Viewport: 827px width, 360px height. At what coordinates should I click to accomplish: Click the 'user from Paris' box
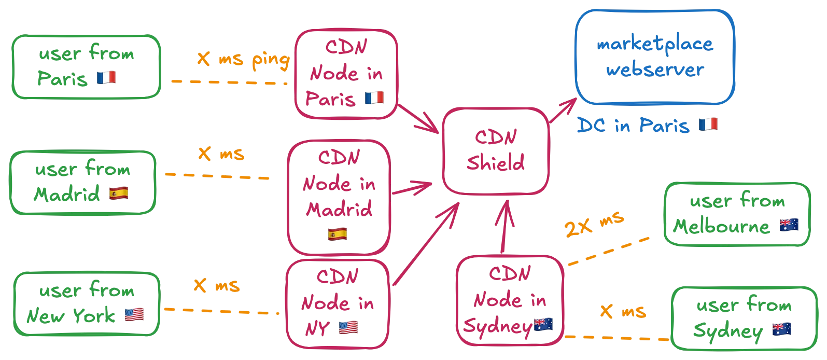tap(86, 66)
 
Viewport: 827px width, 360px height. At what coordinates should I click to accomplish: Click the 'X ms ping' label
tap(242, 60)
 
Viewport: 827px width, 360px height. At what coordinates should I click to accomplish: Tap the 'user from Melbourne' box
tap(737, 214)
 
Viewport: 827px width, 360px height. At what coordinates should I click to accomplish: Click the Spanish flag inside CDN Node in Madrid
tap(338, 233)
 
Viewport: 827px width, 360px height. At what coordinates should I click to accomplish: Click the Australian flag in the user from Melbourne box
tap(789, 226)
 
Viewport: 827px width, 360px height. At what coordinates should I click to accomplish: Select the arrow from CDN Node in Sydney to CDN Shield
tap(504, 228)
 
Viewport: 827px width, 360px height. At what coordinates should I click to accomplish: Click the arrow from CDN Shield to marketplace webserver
tap(563, 112)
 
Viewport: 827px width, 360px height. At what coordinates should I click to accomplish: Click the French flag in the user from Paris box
tap(106, 79)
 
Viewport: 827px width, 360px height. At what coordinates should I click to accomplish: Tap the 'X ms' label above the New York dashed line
tap(216, 286)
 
